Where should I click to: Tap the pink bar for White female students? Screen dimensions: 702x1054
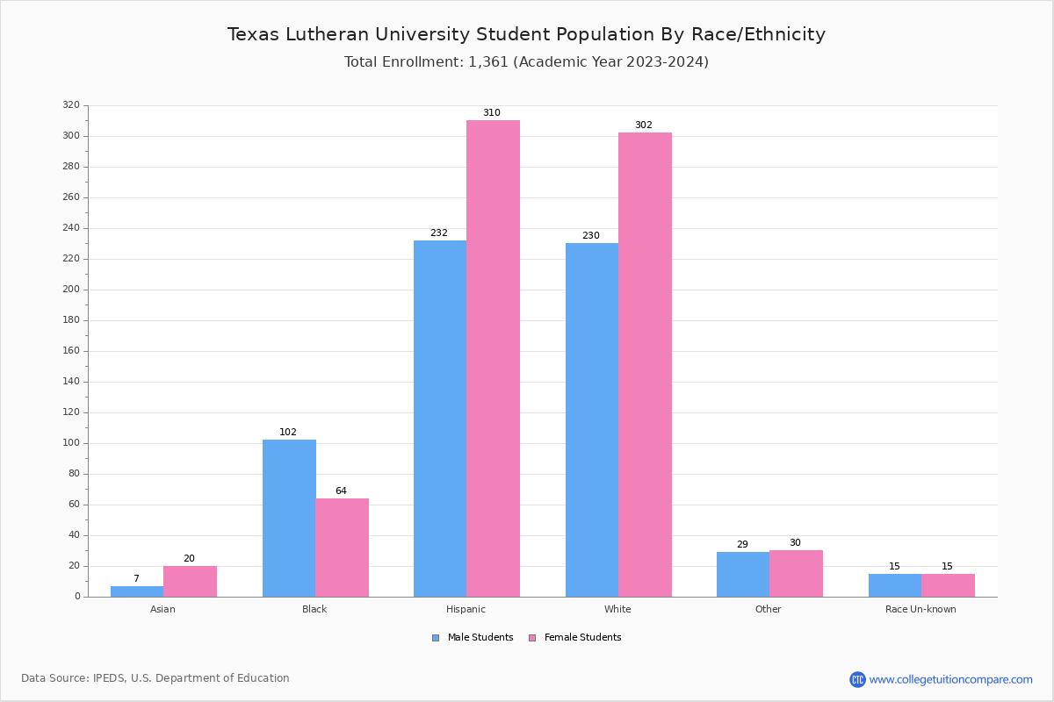coord(645,364)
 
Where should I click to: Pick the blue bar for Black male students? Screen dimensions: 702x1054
coord(289,518)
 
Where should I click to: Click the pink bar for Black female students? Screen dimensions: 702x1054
coord(342,548)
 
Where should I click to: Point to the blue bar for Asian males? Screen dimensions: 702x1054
coord(137,591)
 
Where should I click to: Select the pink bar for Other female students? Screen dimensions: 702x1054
coord(796,574)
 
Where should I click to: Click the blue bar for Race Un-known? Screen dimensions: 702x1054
coord(895,585)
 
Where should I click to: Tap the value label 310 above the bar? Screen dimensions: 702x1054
coord(492,113)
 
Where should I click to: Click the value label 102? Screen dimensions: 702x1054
coord(288,433)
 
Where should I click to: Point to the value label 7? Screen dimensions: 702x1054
coord(136,579)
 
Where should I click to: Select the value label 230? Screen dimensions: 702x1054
coord(591,236)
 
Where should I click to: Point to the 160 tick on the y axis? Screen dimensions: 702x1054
coord(71,351)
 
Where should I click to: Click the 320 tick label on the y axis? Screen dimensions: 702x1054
coord(71,105)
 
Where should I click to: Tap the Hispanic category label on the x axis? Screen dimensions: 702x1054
coord(466,609)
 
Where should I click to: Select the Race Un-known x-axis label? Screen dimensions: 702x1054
coord(920,609)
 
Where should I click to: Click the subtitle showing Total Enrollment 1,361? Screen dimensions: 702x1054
coord(526,62)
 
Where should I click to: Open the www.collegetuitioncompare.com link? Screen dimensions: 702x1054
coord(950,679)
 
